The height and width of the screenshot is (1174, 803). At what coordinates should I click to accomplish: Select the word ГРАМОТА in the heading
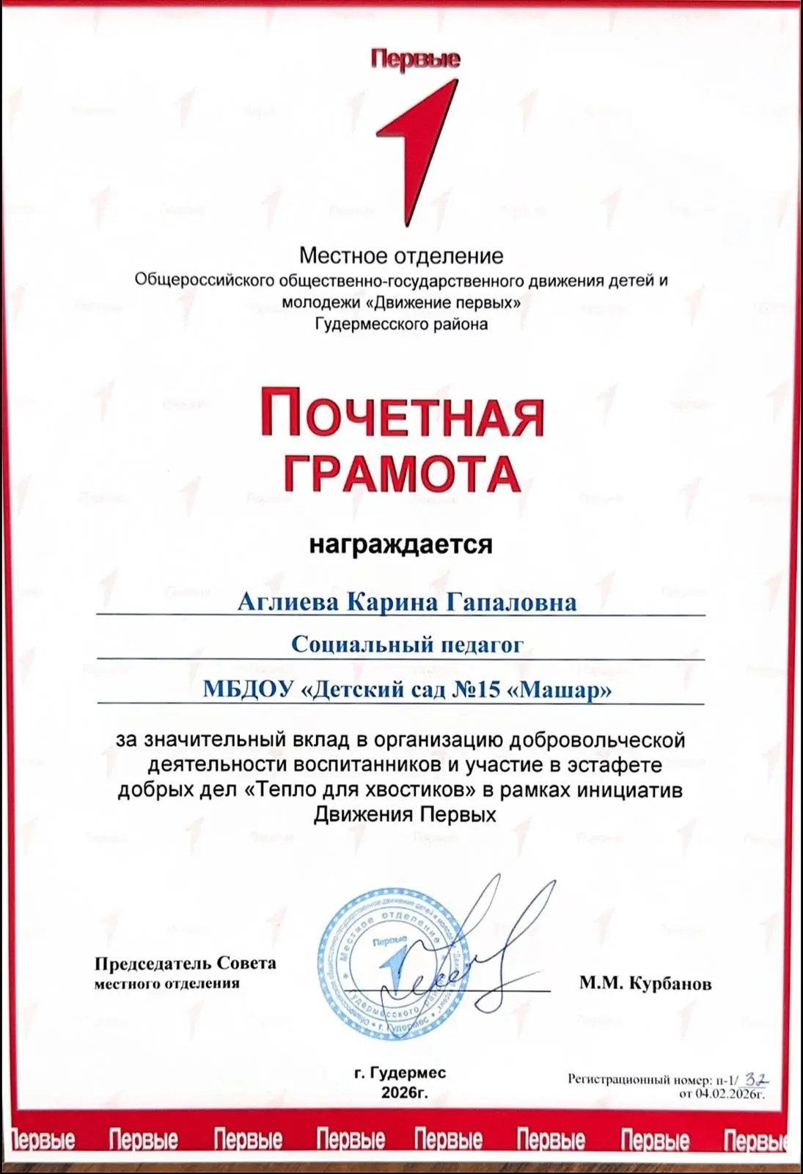pos(402,473)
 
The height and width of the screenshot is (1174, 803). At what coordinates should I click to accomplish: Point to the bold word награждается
pos(400,544)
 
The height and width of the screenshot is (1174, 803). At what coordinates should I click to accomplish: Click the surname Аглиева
pos(287,602)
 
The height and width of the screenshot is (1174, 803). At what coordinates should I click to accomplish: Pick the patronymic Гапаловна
pos(511,602)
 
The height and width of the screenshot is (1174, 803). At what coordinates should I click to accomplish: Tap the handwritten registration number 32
pos(756,1079)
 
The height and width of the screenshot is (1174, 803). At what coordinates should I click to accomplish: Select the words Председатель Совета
pos(185,963)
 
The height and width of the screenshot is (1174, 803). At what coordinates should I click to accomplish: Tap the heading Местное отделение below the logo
pos(401,256)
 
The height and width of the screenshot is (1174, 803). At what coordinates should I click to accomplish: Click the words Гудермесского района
pos(401,324)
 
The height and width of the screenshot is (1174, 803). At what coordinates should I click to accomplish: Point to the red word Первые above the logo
pos(415,59)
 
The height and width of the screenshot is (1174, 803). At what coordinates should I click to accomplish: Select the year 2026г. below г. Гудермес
pos(404,1093)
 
